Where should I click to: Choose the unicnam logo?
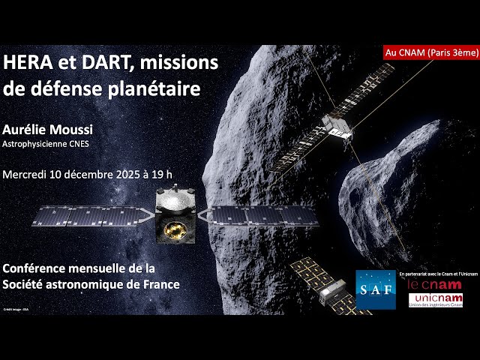click(x=435, y=301)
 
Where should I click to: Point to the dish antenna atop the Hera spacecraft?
click(x=175, y=200)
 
